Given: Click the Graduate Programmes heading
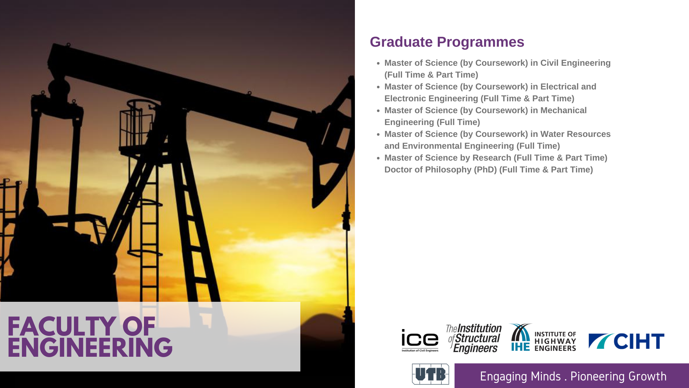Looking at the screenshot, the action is coord(447,42).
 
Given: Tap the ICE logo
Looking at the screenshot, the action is coord(420,341).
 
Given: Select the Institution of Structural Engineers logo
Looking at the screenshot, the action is coord(474,338).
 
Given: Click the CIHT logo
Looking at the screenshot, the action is coord(626,341).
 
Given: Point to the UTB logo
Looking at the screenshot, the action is coord(430,374).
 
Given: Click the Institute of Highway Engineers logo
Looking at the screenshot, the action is coord(543,337).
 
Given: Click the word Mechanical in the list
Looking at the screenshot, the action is coord(563,110).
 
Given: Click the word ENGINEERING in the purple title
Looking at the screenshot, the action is coord(90,347).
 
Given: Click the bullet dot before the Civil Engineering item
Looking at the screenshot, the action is coord(378,63).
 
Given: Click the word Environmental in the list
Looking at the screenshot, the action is coord(432,146).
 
